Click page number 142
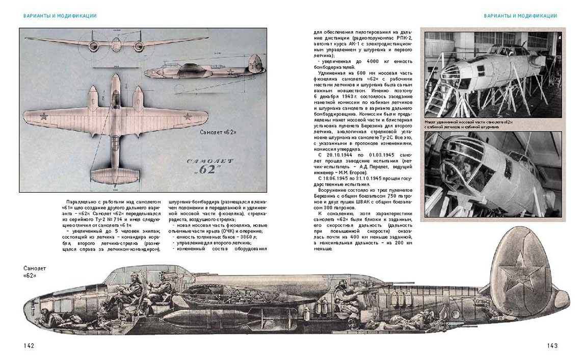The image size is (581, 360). click(x=29, y=346)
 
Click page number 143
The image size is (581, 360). click(x=552, y=346)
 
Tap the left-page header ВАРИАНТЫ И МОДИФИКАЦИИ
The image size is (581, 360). click(x=60, y=16)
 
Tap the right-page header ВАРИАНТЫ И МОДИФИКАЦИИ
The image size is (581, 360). click(x=520, y=16)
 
